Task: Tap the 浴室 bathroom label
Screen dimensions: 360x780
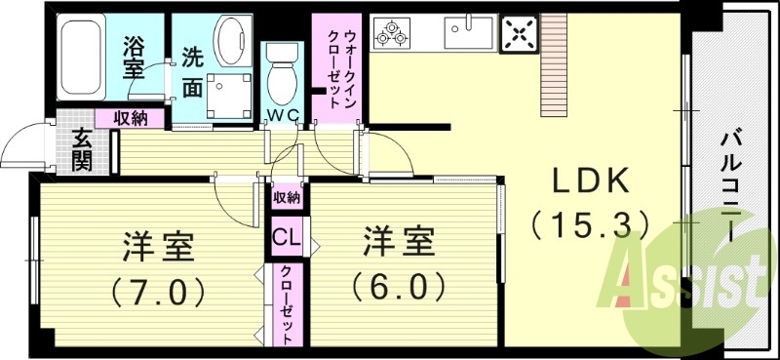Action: [x=135, y=58]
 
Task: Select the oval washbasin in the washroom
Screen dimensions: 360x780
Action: [x=231, y=42]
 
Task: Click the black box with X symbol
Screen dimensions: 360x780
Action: [x=517, y=35]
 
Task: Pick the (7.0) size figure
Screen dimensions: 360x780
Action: [x=158, y=290]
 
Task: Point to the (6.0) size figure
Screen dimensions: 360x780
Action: [x=399, y=287]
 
